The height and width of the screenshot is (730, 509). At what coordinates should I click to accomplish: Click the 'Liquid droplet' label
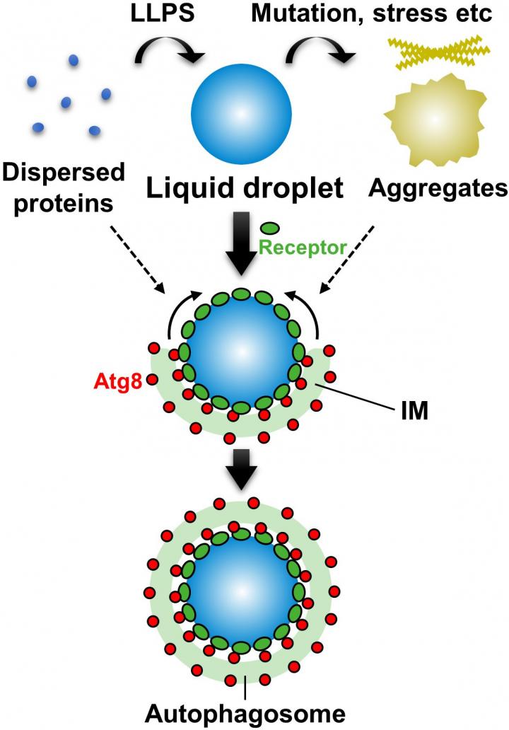click(x=245, y=189)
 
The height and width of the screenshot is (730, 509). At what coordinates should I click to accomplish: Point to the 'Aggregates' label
click(x=438, y=187)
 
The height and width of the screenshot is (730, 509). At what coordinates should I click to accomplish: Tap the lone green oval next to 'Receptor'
click(x=270, y=228)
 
